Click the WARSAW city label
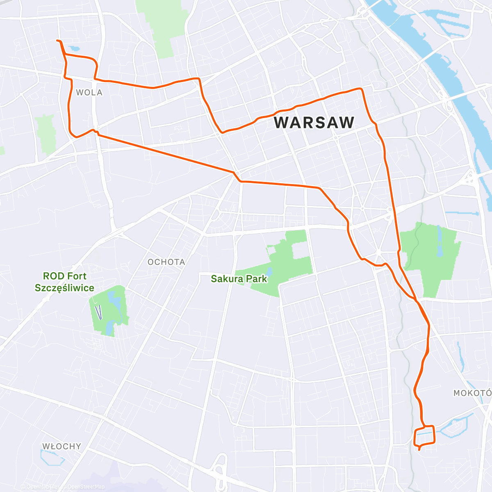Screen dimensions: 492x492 (314, 123)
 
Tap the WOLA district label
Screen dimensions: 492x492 (89, 93)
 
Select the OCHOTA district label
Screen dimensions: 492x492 (166, 262)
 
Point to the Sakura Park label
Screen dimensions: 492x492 (239, 279)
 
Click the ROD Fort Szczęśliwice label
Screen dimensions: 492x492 (64, 282)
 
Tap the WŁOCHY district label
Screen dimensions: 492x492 (61, 446)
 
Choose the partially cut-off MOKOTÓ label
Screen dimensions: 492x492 (472, 393)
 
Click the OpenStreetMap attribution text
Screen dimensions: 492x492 (82, 487)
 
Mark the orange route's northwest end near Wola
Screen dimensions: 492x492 (57, 41)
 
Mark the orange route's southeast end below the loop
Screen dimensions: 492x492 (419, 450)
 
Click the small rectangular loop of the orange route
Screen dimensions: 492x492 (425, 436)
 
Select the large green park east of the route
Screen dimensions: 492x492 (430, 254)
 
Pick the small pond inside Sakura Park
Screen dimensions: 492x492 (269, 271)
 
